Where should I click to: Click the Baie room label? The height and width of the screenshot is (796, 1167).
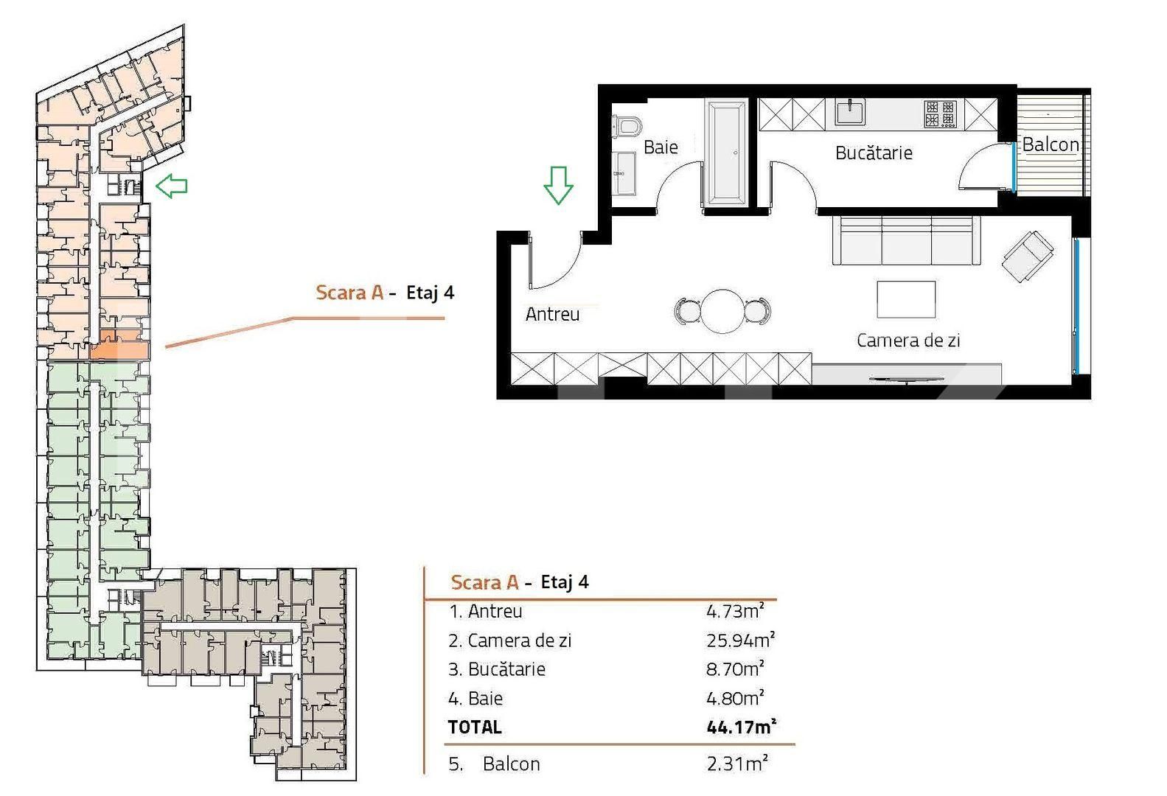tap(661, 147)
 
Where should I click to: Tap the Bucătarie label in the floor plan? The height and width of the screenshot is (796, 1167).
tap(874, 153)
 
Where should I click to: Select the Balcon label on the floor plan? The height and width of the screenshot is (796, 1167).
tap(1051, 144)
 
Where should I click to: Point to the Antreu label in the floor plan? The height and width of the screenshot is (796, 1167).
tap(552, 314)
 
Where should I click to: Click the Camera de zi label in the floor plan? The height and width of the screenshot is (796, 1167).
tap(908, 341)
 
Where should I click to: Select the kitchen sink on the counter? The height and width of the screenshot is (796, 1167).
tap(850, 113)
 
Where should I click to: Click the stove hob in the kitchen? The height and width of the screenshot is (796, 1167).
tap(940, 114)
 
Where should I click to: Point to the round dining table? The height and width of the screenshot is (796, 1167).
tap(722, 312)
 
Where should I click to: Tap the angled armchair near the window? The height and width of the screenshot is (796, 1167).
tap(1028, 256)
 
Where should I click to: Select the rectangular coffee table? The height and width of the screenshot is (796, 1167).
tap(906, 299)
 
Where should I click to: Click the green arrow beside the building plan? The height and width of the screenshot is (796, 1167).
tap(172, 186)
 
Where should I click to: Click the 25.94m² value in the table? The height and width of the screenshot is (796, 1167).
tap(740, 640)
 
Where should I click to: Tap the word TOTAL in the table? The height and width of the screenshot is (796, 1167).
tap(475, 727)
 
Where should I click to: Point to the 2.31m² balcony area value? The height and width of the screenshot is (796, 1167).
tap(737, 764)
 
